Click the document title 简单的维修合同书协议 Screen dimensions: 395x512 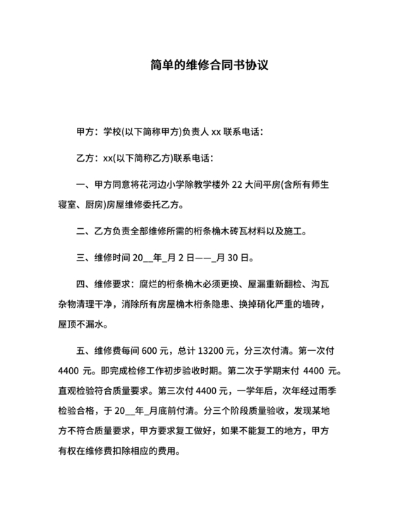[197, 66]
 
